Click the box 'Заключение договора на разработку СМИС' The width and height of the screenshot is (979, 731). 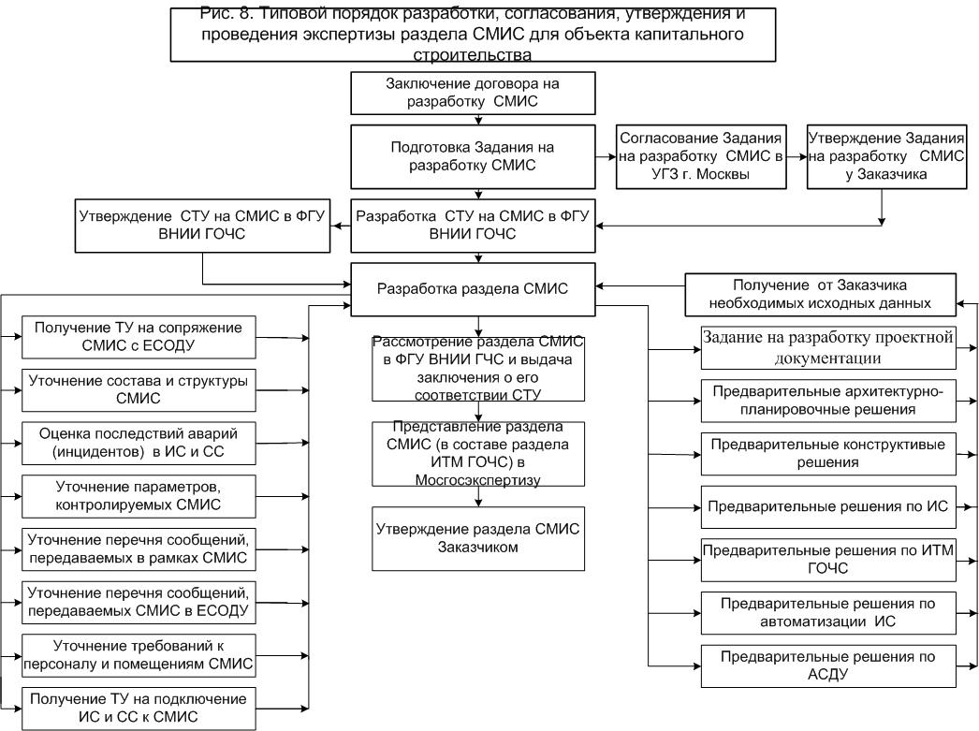click(473, 93)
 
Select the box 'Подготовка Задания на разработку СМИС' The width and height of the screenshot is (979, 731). click(473, 156)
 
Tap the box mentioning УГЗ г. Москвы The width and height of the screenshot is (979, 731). click(700, 156)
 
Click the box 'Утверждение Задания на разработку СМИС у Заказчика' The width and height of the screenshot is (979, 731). click(886, 156)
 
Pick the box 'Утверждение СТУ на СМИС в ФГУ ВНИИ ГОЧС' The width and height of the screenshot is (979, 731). click(202, 226)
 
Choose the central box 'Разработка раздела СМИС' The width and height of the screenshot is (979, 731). click(473, 289)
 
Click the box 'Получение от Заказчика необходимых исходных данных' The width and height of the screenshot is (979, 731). click(821, 295)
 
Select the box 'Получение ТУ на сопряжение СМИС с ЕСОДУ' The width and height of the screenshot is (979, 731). click(139, 337)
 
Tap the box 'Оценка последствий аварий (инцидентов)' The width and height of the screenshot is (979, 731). click(139, 444)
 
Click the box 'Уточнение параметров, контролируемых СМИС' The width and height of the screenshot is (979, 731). click(139, 496)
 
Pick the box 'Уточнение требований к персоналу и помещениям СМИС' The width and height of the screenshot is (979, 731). click(139, 655)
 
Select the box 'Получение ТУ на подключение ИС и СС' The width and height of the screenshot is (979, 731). click(139, 709)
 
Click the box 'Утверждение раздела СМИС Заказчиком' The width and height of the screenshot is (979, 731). click(478, 539)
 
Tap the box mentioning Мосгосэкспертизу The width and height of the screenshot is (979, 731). click(478, 454)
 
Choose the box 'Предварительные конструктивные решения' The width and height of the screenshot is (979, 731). click(828, 454)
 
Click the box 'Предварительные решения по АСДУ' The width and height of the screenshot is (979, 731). click(828, 666)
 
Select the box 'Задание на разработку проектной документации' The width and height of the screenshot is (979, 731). click(828, 347)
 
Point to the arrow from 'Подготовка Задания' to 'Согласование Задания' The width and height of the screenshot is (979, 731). click(606, 156)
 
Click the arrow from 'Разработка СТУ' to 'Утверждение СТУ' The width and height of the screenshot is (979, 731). click(341, 226)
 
